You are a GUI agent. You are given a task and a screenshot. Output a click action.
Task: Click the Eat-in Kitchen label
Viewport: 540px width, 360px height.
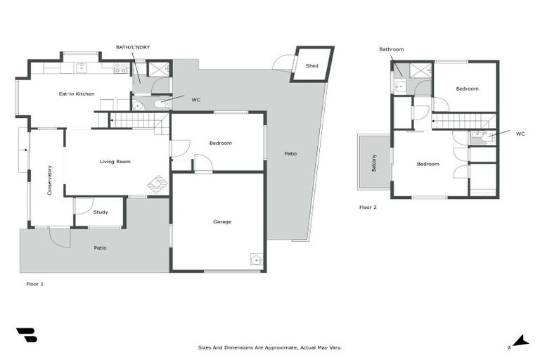pos(76,94)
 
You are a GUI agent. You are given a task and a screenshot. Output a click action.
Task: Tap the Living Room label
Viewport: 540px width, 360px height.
pos(115,162)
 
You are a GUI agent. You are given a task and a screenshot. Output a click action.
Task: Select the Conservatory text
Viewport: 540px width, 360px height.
pos(50,180)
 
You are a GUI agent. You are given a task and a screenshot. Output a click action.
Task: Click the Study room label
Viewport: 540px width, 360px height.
pos(101,212)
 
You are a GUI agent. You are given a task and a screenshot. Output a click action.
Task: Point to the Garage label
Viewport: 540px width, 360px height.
pos(222,221)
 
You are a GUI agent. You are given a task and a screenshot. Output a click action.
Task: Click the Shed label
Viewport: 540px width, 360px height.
pos(311,66)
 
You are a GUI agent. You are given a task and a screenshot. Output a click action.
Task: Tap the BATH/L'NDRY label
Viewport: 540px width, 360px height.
pos(133,47)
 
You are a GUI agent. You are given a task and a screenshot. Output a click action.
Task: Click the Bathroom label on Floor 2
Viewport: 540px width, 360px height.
pos(392,49)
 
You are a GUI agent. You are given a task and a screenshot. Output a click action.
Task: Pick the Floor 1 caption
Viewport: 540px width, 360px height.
pos(35,283)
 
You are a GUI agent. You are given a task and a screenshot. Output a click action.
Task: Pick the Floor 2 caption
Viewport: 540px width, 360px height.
pos(368,207)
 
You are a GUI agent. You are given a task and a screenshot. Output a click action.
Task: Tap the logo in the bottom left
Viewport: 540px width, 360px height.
pos(27,335)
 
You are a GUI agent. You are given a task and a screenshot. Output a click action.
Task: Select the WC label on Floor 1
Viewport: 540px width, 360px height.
pos(195,100)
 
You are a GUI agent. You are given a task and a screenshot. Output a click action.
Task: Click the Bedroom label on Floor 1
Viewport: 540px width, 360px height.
pos(220,143)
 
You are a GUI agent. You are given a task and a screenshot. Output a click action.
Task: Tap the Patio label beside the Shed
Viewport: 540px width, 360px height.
pos(290,153)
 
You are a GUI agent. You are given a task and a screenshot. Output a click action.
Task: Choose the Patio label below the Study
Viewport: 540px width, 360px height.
pos(101,247)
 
